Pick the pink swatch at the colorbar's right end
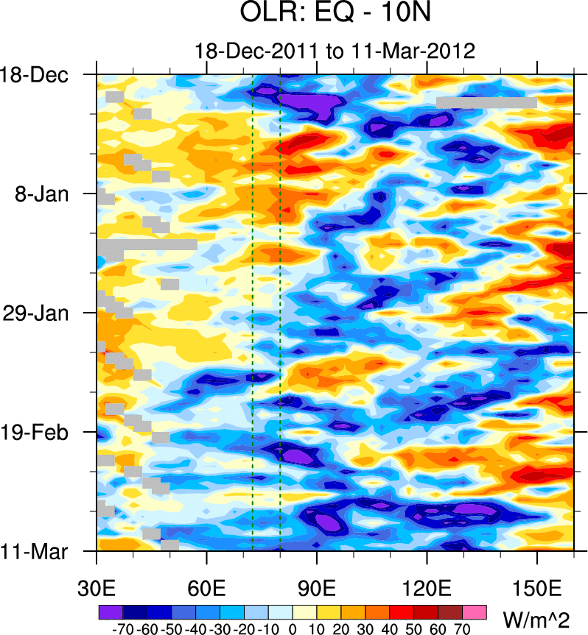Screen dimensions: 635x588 coord(476,612)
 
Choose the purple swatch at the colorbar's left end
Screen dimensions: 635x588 coord(111,612)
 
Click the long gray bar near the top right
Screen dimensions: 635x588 coord(486,103)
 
